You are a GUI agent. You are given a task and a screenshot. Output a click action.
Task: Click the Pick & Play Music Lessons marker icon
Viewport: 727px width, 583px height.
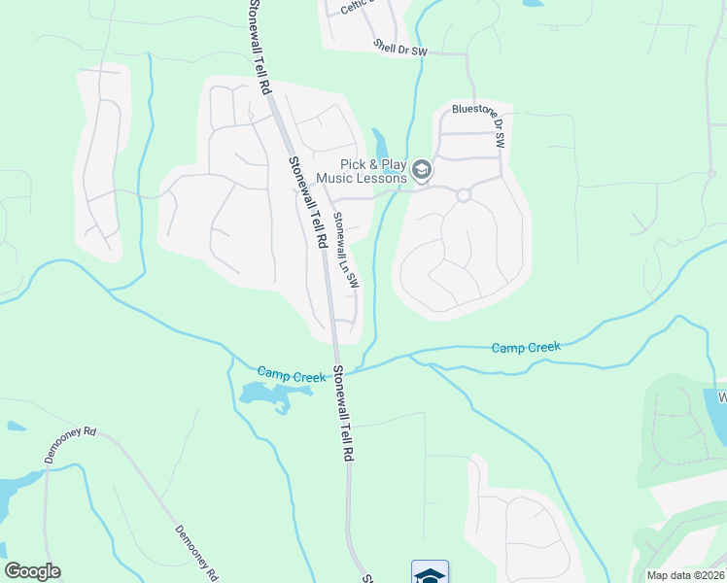pos(422,171)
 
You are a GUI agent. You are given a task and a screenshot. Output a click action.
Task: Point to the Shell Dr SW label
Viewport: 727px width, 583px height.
pos(399,48)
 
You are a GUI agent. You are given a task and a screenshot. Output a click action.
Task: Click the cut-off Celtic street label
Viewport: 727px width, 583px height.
pos(357,7)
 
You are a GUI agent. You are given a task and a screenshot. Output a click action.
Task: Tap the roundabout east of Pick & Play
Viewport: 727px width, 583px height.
pos(464,194)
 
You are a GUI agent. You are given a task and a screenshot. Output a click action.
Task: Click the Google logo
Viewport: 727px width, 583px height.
pos(32,571)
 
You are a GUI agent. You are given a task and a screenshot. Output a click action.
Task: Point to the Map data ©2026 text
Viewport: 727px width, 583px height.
pos(684,575)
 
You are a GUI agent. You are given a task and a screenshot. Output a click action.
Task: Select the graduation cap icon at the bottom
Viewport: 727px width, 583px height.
pos(430,573)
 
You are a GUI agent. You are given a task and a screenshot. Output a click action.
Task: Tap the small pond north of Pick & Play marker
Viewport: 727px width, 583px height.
pos(379,142)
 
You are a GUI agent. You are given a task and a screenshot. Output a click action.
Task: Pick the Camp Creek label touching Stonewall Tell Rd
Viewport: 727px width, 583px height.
pos(291,373)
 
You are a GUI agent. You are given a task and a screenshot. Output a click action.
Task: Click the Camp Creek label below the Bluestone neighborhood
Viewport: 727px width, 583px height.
pos(526,347)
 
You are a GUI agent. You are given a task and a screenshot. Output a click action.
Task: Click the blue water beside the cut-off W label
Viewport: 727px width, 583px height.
pos(716,416)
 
